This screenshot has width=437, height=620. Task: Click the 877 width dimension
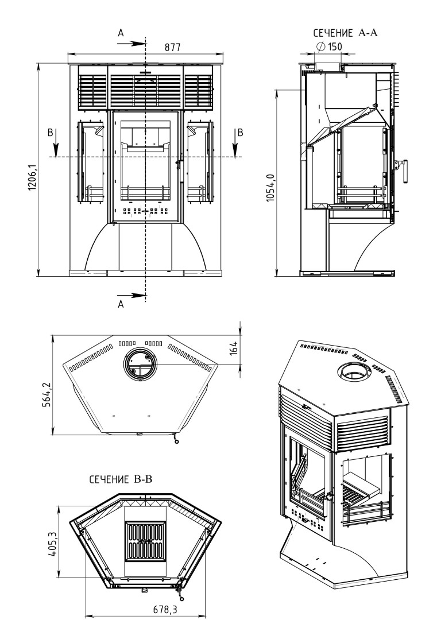172,48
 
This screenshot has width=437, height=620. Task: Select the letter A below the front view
121,305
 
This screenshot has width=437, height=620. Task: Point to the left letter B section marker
51,132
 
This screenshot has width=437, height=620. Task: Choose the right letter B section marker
240,132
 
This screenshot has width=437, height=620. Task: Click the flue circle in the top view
138,364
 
